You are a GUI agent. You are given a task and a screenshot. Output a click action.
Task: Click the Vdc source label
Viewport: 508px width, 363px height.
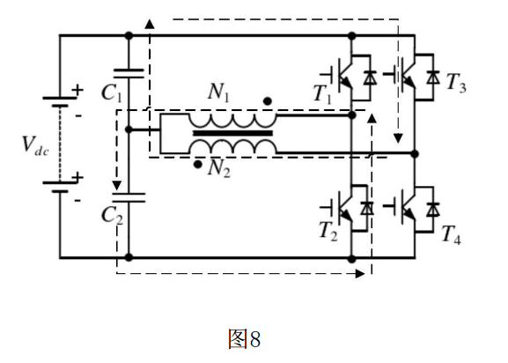(35, 146)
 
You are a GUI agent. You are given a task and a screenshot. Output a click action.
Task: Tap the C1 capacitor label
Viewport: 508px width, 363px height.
(112, 93)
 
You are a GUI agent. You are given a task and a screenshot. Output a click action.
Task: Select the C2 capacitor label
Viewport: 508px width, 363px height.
(112, 216)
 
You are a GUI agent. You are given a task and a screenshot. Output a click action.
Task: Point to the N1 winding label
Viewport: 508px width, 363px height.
(218, 92)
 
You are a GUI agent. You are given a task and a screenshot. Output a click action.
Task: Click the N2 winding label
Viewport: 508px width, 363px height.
(219, 168)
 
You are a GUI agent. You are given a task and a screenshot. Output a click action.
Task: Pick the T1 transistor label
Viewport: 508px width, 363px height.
(323, 94)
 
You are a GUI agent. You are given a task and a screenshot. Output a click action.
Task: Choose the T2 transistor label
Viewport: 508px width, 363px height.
(328, 232)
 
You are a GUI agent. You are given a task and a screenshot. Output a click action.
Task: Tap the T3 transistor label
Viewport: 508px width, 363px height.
(456, 83)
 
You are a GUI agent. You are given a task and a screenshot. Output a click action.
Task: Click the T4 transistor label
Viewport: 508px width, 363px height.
(452, 234)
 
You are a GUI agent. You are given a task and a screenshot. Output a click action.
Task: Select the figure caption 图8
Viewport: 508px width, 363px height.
(244, 338)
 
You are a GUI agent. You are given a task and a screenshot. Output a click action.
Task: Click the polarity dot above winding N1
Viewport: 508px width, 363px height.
(268, 101)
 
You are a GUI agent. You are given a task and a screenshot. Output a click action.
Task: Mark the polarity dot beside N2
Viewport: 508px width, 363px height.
(197, 165)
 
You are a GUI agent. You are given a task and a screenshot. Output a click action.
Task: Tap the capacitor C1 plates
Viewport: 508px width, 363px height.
(129, 74)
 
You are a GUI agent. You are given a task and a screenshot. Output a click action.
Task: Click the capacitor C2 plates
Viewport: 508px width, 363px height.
(129, 197)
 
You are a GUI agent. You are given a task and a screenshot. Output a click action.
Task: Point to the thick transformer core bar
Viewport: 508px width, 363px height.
(232, 133)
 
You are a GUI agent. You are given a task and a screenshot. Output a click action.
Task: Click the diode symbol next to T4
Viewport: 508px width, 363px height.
(433, 209)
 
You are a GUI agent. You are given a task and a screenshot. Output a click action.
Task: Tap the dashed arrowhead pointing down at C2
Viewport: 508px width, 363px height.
(116, 186)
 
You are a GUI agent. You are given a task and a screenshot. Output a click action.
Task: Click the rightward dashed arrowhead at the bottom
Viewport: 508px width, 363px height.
(360, 273)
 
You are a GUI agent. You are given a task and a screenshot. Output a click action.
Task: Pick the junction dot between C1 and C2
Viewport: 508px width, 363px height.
(129, 130)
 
